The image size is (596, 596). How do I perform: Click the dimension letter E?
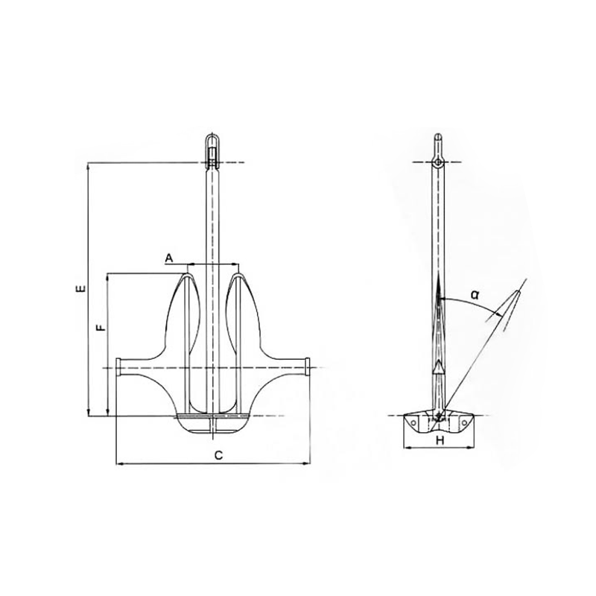click(x=80, y=289)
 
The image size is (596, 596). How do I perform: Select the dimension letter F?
click(x=101, y=327)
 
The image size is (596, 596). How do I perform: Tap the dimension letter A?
click(x=169, y=259)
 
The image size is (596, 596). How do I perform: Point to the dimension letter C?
click(x=218, y=455)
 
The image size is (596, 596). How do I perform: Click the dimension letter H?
click(x=440, y=440)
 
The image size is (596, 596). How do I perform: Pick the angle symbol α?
click(x=475, y=294)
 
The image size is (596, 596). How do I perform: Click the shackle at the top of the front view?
click(x=212, y=150)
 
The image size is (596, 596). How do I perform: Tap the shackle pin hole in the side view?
click(x=438, y=162)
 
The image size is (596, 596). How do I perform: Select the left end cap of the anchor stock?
click(x=118, y=367)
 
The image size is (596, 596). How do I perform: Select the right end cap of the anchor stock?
click(x=307, y=367)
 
